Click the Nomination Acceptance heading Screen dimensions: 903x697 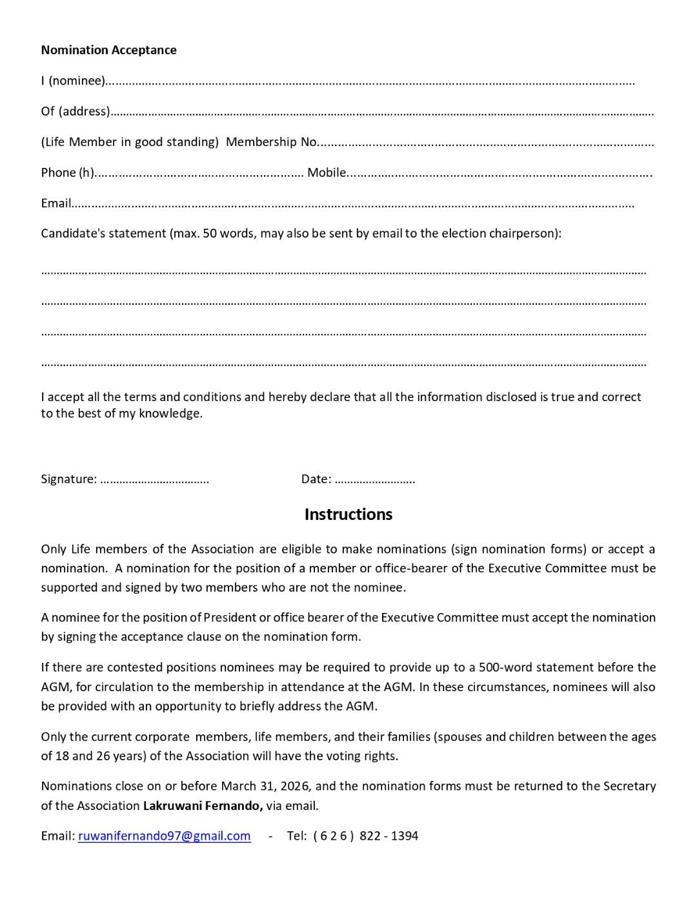[x=108, y=50]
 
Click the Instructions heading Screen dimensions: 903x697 [x=348, y=514]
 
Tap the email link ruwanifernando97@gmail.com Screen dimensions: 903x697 [x=164, y=836]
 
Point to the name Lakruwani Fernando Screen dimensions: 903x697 [x=203, y=805]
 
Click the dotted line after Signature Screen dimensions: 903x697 [x=155, y=480]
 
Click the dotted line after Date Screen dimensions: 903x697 [x=375, y=480]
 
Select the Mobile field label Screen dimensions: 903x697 [x=327, y=172]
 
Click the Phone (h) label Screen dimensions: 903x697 [x=68, y=172]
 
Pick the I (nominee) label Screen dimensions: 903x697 [x=73, y=81]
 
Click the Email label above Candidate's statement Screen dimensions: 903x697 [x=56, y=203]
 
